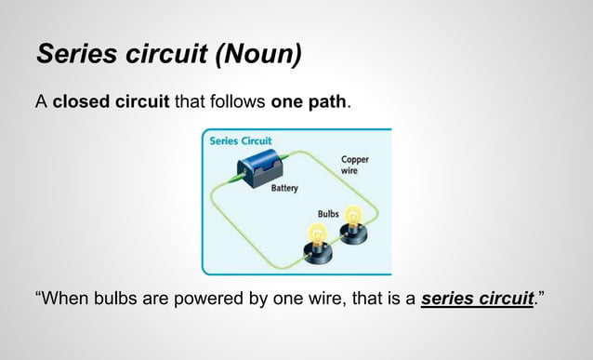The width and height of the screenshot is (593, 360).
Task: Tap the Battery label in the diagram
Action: click(x=284, y=188)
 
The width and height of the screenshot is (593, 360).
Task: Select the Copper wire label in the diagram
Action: click(x=355, y=165)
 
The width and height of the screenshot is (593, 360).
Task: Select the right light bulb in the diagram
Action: click(x=353, y=220)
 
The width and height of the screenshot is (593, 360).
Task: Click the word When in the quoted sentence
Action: click(x=66, y=300)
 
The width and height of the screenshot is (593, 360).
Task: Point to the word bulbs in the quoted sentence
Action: click(x=125, y=300)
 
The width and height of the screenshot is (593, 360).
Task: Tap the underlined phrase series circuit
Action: click(x=478, y=300)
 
